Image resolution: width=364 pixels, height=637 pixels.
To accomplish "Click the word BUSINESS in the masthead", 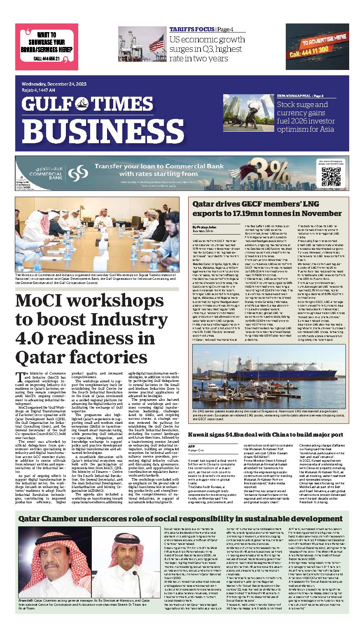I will [x=95, y=130].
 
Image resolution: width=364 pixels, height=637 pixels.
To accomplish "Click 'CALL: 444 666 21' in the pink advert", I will [x=47, y=59].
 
